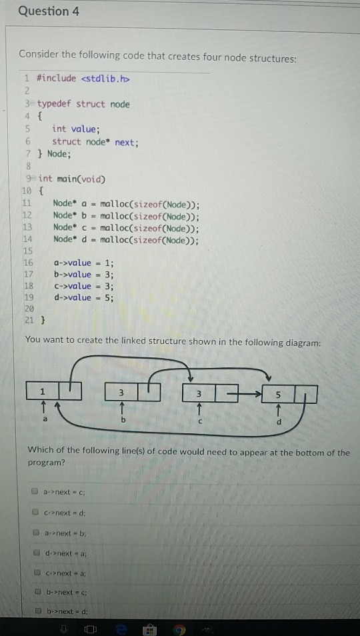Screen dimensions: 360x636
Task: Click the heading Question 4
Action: click(49, 11)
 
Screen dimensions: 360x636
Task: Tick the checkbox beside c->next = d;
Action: click(37, 512)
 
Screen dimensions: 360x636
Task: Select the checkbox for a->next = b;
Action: click(37, 532)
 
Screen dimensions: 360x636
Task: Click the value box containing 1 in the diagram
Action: click(43, 391)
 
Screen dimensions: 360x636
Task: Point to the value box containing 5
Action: click(278, 394)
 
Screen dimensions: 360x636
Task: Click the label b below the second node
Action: click(121, 420)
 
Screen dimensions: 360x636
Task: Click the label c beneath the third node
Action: click(200, 422)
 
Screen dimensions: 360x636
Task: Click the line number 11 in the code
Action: click(27, 203)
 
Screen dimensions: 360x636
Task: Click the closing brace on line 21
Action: click(42, 321)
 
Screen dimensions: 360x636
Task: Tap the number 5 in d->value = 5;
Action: click(109, 298)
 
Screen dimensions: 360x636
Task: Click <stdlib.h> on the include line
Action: click(106, 78)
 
